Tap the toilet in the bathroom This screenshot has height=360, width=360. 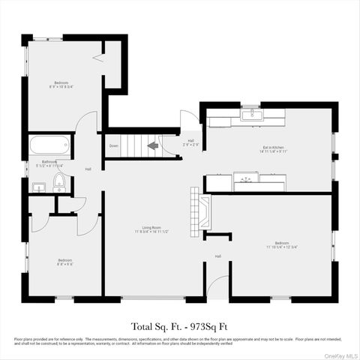click(59, 180)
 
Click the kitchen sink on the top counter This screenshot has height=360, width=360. click(253, 115)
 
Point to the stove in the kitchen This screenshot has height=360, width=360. click(245, 179)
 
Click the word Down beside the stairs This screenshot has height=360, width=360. click(113, 145)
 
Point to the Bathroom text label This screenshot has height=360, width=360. click(50, 162)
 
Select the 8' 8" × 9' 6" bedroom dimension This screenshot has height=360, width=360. click(63, 264)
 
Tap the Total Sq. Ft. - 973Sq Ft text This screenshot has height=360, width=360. click(179, 326)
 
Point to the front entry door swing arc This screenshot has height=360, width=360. click(217, 286)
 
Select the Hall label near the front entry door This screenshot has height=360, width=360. click(218, 256)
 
